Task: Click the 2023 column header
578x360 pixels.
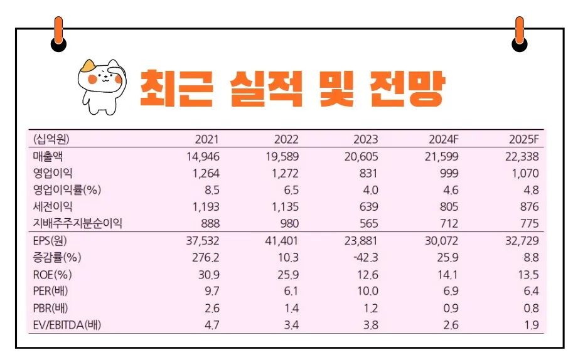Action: pos(366,139)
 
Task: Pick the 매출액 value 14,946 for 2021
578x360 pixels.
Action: pos(203,156)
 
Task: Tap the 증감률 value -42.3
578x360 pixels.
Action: pos(366,257)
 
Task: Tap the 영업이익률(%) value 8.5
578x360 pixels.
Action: pos(211,190)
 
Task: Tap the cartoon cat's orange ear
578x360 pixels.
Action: pos(88,66)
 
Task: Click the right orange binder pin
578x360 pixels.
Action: pos(520,30)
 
